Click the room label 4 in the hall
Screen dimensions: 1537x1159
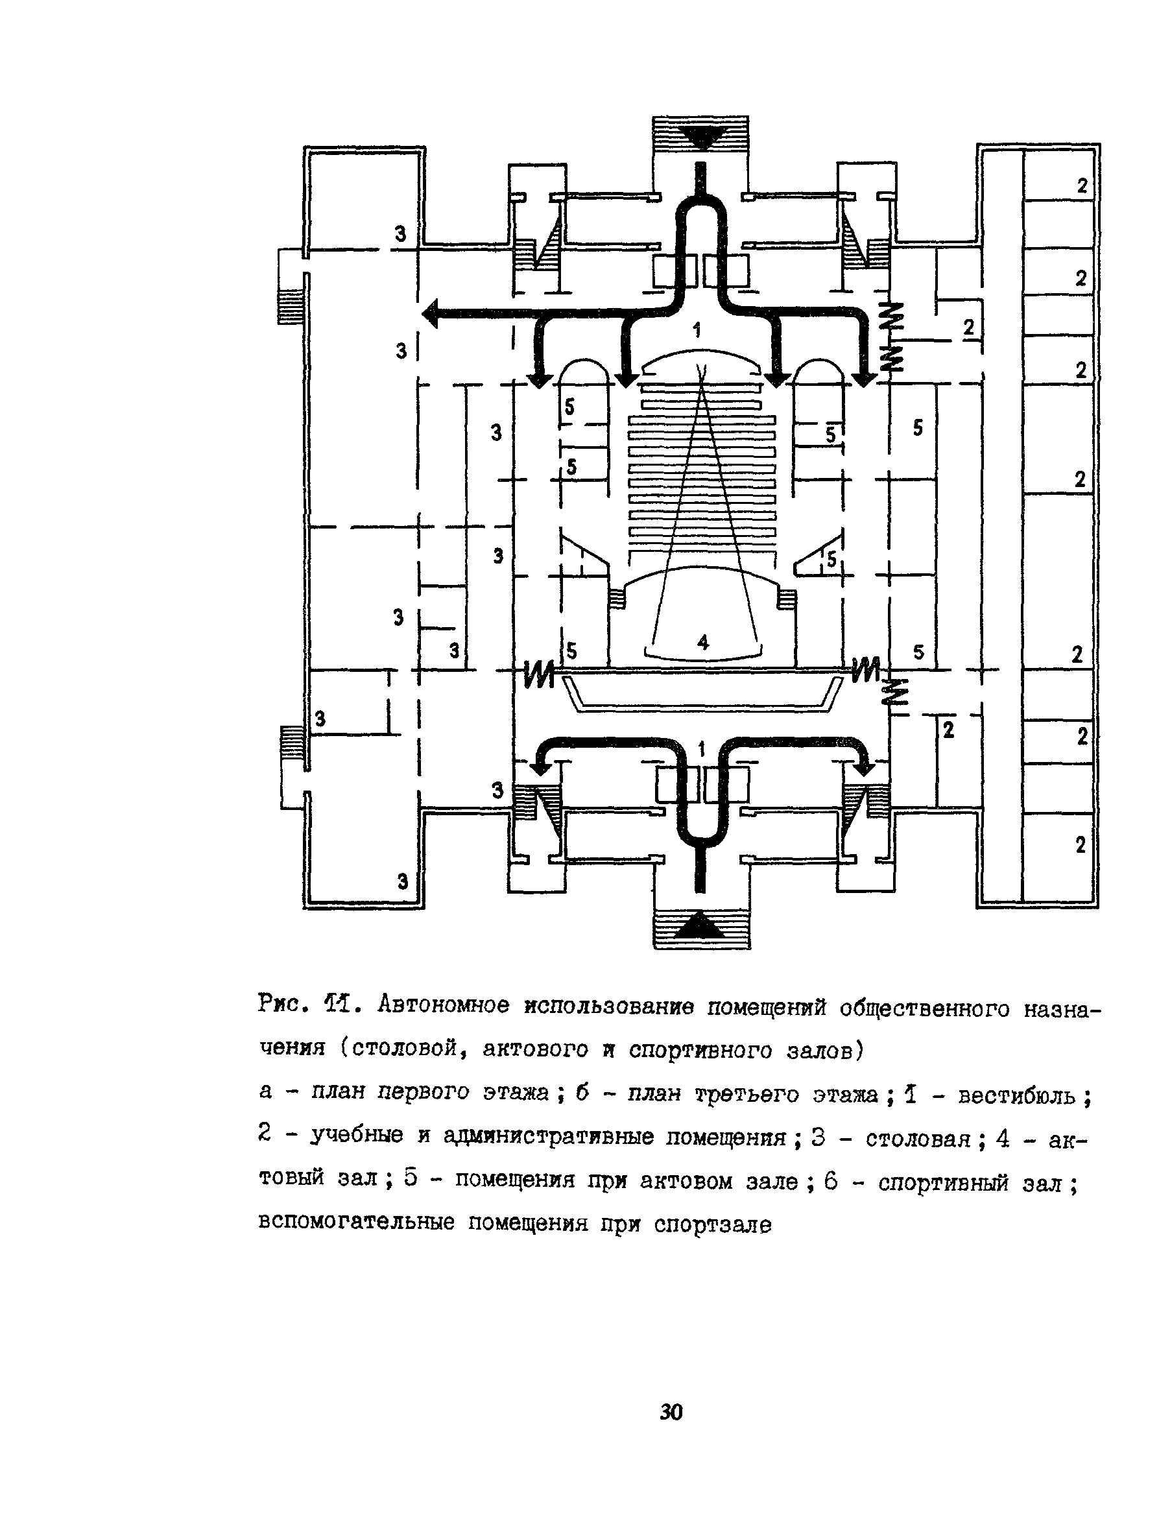(x=703, y=643)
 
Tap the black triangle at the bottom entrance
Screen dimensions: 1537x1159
(x=701, y=925)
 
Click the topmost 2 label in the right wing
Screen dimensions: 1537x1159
(x=1082, y=185)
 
